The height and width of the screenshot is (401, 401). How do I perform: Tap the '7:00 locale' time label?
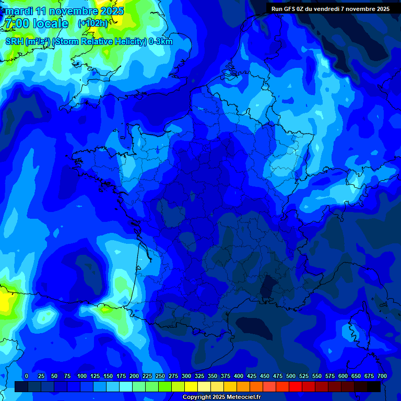click(x=36, y=23)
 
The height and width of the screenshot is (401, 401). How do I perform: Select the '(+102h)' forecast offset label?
click(x=93, y=23)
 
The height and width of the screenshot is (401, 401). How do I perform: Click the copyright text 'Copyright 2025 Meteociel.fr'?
click(x=221, y=397)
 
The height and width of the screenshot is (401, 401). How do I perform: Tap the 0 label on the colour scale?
click(x=27, y=376)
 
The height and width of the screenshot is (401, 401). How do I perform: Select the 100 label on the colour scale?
click(x=82, y=376)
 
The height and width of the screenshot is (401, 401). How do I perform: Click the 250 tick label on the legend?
click(x=160, y=376)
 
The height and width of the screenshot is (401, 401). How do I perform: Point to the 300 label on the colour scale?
click(x=186, y=376)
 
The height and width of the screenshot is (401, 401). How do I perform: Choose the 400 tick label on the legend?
click(x=239, y=376)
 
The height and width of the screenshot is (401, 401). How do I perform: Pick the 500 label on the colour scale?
click(x=291, y=376)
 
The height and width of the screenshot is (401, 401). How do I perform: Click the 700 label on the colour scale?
click(x=382, y=376)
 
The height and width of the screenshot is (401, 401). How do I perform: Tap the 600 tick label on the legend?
click(x=343, y=376)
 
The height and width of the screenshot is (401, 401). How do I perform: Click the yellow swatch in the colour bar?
click(x=191, y=386)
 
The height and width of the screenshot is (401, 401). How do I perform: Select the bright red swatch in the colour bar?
click(x=296, y=386)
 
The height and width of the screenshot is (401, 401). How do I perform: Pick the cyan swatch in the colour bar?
click(x=126, y=386)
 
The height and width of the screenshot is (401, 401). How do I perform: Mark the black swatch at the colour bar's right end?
click(x=374, y=386)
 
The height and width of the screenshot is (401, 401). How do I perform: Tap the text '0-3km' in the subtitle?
click(x=161, y=42)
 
